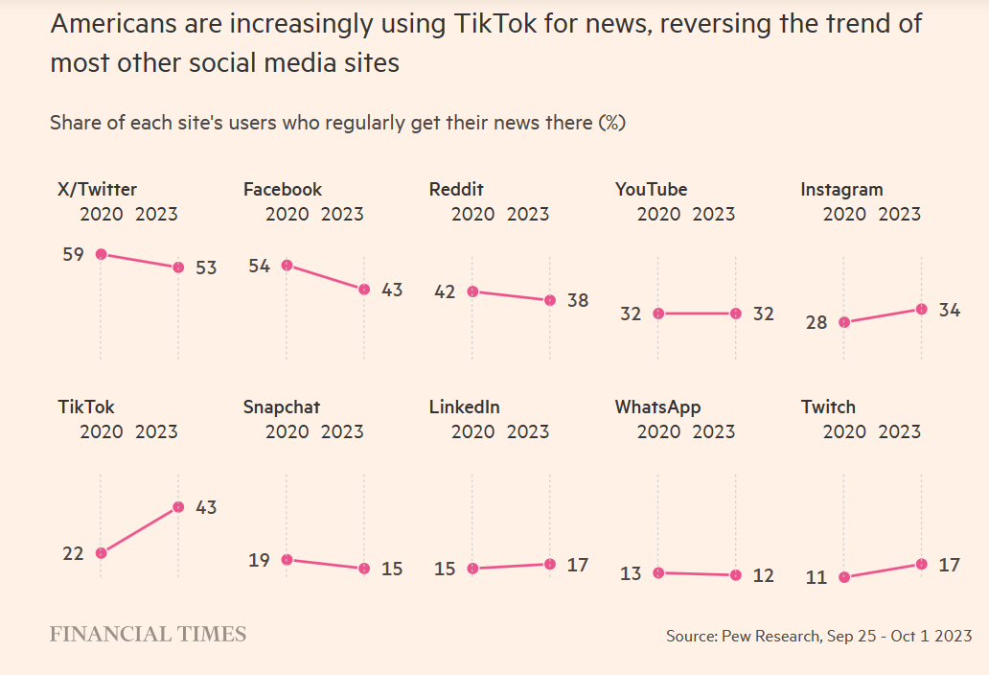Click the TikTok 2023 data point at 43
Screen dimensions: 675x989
coord(178,507)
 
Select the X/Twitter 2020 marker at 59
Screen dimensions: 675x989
coord(101,254)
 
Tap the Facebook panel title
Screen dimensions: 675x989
coord(283,190)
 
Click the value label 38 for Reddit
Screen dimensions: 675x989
coord(577,300)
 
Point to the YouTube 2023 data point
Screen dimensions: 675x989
coord(735,314)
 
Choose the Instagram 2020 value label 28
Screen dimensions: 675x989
coord(816,323)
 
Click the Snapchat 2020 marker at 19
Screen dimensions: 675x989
coord(287,560)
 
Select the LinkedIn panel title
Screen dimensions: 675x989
coord(464,407)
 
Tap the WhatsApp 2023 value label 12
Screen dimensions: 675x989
coord(763,575)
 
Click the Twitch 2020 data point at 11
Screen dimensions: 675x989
coord(843,577)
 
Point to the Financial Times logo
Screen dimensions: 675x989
coord(148,635)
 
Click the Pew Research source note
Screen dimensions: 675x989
coord(818,636)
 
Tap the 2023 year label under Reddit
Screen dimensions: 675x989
coord(528,214)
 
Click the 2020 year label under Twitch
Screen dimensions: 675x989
coord(844,431)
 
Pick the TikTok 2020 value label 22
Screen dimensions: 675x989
coord(73,553)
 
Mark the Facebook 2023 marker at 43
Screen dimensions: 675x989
coord(364,290)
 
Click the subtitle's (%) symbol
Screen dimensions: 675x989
coord(611,123)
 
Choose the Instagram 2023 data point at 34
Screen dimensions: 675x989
coord(921,309)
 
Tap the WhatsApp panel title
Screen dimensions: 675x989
coord(657,407)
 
